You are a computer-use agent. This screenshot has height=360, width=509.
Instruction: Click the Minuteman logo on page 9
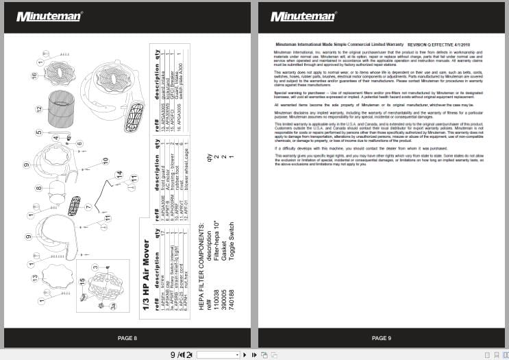pos(302,16)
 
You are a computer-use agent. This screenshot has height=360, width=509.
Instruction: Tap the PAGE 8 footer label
pos(127,338)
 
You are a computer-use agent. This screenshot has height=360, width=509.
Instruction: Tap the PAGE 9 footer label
pos(381,338)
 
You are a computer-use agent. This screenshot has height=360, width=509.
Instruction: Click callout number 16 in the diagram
pos(34,76)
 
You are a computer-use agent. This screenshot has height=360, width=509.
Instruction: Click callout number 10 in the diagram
pos(105,160)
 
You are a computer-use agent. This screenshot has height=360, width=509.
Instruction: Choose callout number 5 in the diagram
pos(38,132)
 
